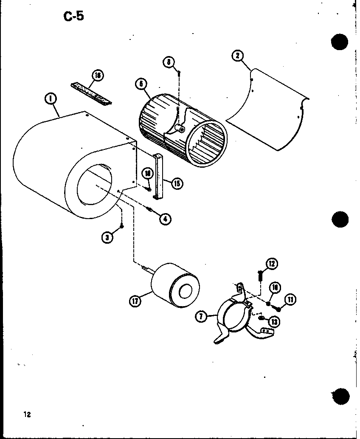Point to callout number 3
[x=108, y=238]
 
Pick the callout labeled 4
[x=166, y=219]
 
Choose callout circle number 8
[x=169, y=62]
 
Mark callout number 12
[x=272, y=264]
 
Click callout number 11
[x=290, y=300]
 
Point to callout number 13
[x=274, y=321]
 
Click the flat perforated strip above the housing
[x=91, y=93]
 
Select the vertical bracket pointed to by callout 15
[x=160, y=176]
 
